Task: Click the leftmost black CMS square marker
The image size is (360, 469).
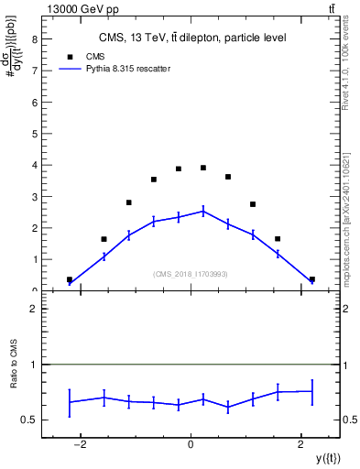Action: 70,279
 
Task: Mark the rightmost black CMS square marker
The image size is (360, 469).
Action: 312,279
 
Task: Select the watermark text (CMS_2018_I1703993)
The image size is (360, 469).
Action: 191,273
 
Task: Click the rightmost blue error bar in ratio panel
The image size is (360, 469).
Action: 312,391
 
